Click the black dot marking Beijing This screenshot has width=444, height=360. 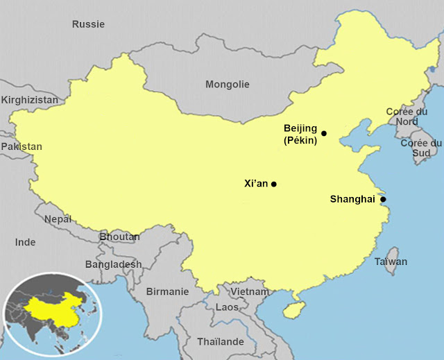click(x=323, y=133)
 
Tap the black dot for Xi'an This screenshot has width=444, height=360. click(x=274, y=184)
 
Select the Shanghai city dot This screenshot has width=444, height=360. click(x=383, y=199)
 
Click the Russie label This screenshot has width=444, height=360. click(x=89, y=24)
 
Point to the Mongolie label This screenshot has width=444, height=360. click(x=227, y=84)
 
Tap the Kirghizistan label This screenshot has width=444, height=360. click(x=30, y=101)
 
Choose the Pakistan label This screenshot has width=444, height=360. click(x=22, y=146)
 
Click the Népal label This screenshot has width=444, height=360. click(x=58, y=218)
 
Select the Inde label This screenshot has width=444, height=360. click(x=26, y=242)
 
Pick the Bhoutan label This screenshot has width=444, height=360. click(x=119, y=237)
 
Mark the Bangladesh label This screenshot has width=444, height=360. click(x=113, y=264)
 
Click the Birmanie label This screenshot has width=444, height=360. click(x=166, y=292)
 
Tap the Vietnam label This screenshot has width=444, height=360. click(x=249, y=292)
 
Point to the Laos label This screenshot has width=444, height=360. click(x=227, y=307)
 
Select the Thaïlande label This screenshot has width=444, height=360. click(x=221, y=341)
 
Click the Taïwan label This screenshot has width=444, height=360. click(x=391, y=262)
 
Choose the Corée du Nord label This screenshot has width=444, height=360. click(x=407, y=116)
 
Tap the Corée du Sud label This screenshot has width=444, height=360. click(x=421, y=148)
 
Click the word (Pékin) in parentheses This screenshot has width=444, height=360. click(x=300, y=141)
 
